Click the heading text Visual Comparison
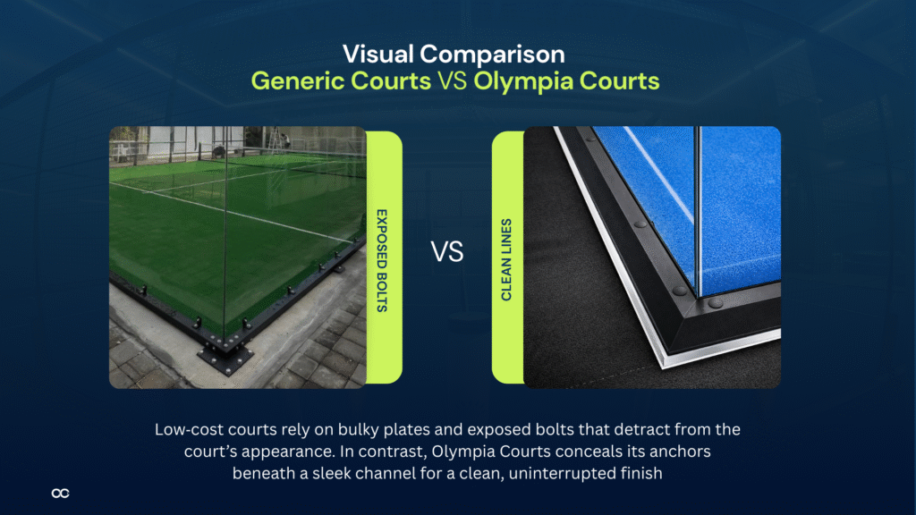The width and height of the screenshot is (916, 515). click(457, 52)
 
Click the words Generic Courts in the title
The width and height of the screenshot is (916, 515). click(340, 81)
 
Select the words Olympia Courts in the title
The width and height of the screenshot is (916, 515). click(566, 81)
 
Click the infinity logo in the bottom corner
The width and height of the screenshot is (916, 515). click(61, 493)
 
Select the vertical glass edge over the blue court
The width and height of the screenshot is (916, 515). click(699, 215)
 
